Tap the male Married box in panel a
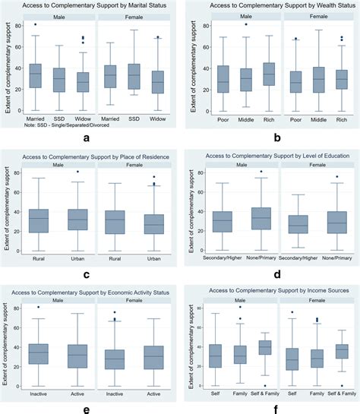(35, 75)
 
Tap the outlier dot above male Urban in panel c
(76, 172)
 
